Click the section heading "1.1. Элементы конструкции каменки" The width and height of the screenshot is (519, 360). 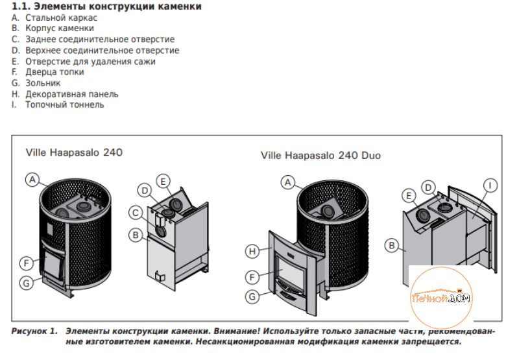tap(106, 6)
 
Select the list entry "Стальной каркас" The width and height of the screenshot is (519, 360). tap(61, 18)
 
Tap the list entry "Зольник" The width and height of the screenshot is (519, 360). tap(43, 83)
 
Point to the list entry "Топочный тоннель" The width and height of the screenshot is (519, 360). tap(65, 105)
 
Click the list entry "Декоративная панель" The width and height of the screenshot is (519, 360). tap(72, 94)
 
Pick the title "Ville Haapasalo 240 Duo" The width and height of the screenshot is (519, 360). tap(320, 156)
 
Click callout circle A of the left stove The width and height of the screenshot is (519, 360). tap(32, 180)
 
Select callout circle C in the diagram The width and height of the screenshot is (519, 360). tap(136, 213)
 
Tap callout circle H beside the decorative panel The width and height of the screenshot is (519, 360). tap(252, 252)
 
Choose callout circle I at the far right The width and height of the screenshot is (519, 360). tap(490, 185)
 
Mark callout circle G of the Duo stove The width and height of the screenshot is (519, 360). tap(252, 297)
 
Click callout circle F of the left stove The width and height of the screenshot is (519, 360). tap(27, 263)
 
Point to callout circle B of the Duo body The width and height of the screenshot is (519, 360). tap(392, 246)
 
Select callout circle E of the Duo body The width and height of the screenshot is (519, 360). tap(409, 196)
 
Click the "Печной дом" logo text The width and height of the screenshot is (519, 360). tap(441, 298)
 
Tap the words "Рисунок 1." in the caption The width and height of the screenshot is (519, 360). tap(34, 331)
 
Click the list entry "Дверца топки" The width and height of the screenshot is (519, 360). tap(54, 72)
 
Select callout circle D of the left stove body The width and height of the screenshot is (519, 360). tap(145, 191)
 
